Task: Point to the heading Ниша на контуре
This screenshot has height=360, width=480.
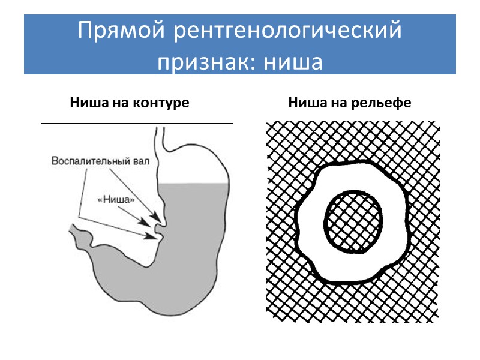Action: pyautogui.click(x=130, y=103)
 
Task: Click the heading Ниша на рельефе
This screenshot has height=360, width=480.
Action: pyautogui.click(x=350, y=103)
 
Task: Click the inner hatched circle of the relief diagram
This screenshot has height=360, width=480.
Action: pyautogui.click(x=353, y=220)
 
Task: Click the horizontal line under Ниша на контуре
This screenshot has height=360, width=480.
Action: pyautogui.click(x=137, y=123)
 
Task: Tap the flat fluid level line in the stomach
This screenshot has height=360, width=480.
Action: pyautogui.click(x=198, y=183)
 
